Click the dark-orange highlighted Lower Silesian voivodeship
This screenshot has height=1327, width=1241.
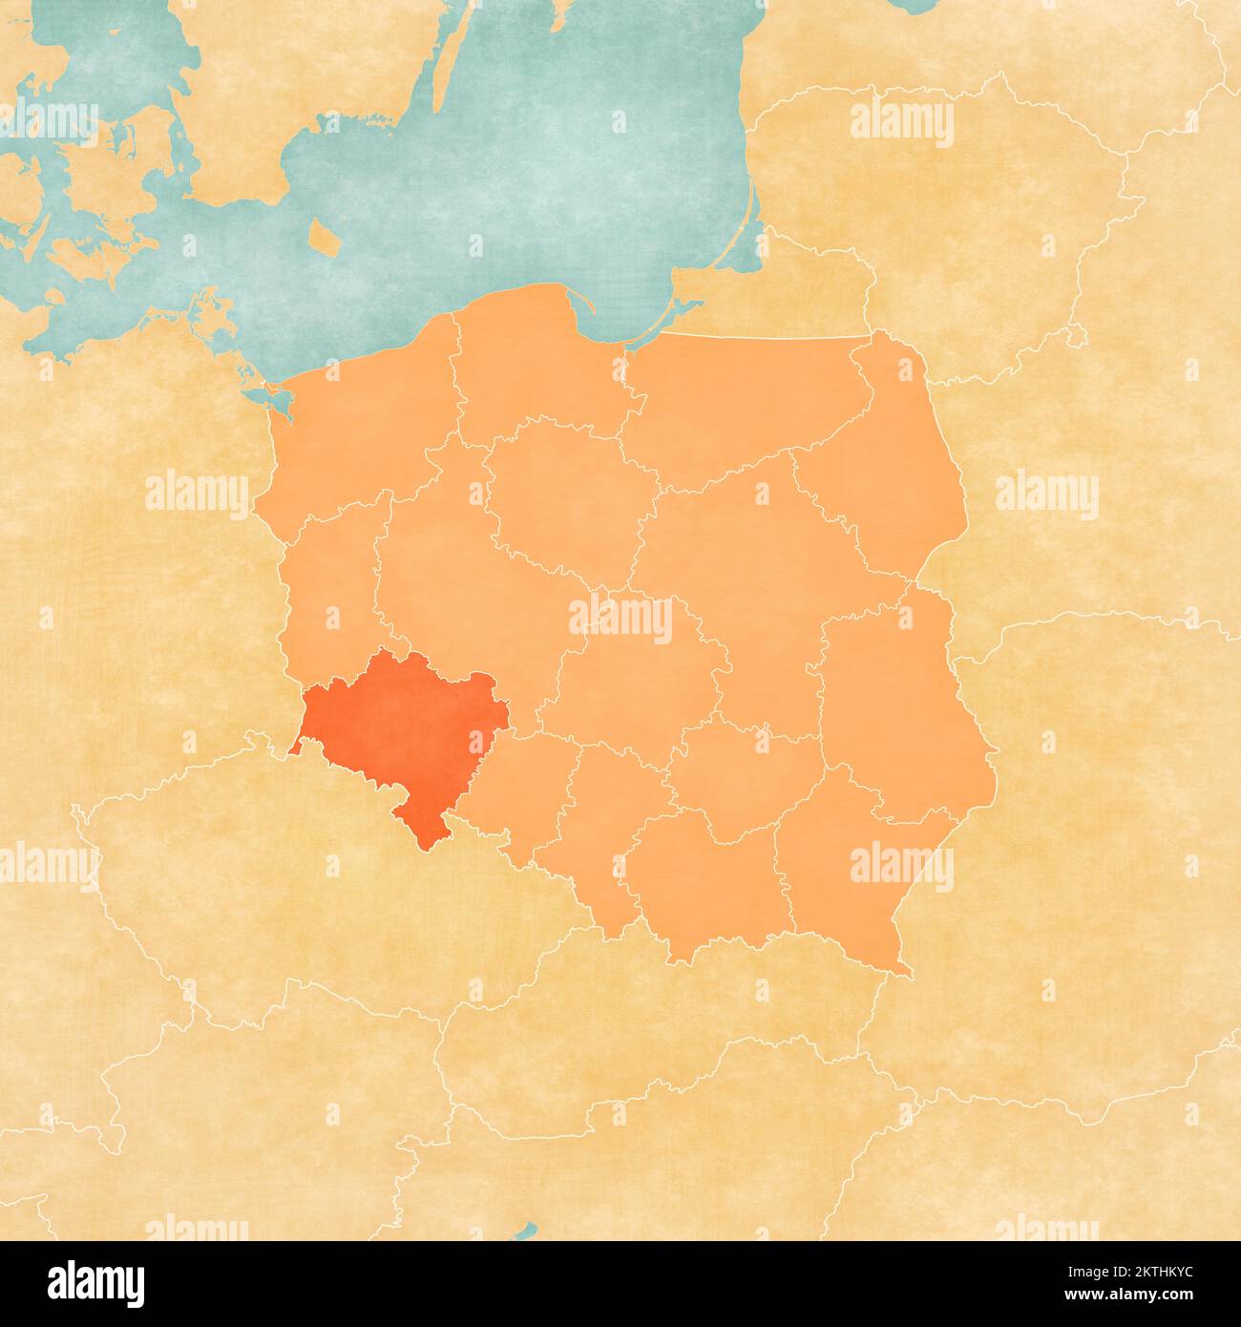[401, 726]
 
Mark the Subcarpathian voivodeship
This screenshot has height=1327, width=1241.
[850, 869]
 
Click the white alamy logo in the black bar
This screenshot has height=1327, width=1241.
[96, 1280]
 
